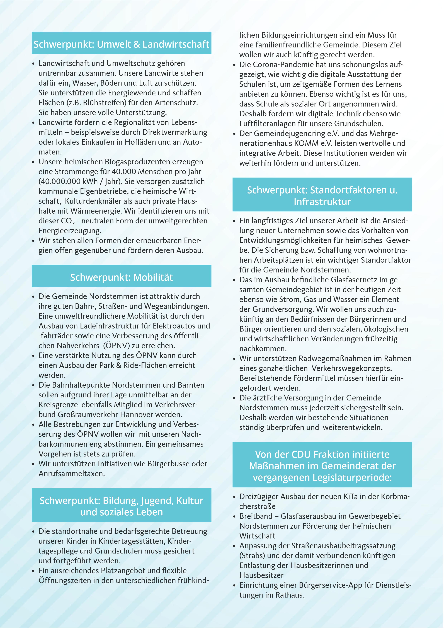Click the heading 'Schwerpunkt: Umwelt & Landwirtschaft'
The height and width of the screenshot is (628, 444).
(x=121, y=44)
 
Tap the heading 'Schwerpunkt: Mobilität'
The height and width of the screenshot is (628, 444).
(x=121, y=277)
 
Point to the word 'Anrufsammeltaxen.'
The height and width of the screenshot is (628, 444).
(x=72, y=474)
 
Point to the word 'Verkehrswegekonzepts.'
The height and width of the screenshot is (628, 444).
(x=352, y=368)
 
